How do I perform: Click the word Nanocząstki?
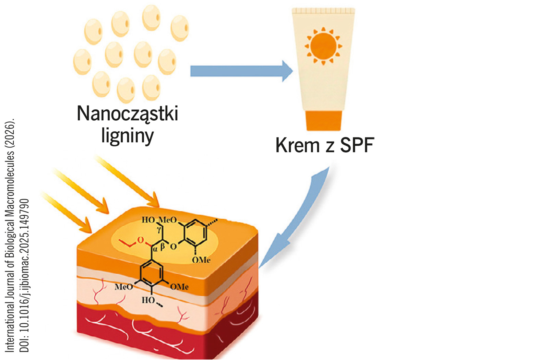[x=127, y=114]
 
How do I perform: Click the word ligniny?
[x=127, y=136]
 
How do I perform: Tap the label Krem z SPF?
[x=324, y=145]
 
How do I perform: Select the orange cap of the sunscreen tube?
[x=324, y=120]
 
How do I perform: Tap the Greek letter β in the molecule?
[x=163, y=246]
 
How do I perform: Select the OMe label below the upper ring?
[x=201, y=260]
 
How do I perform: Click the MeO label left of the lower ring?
[x=124, y=287]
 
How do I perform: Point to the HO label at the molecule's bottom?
[x=148, y=300]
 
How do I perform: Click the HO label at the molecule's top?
[x=148, y=220]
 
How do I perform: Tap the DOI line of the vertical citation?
[x=25, y=274]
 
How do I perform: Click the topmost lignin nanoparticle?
[x=151, y=17]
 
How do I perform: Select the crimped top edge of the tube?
[x=323, y=11]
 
